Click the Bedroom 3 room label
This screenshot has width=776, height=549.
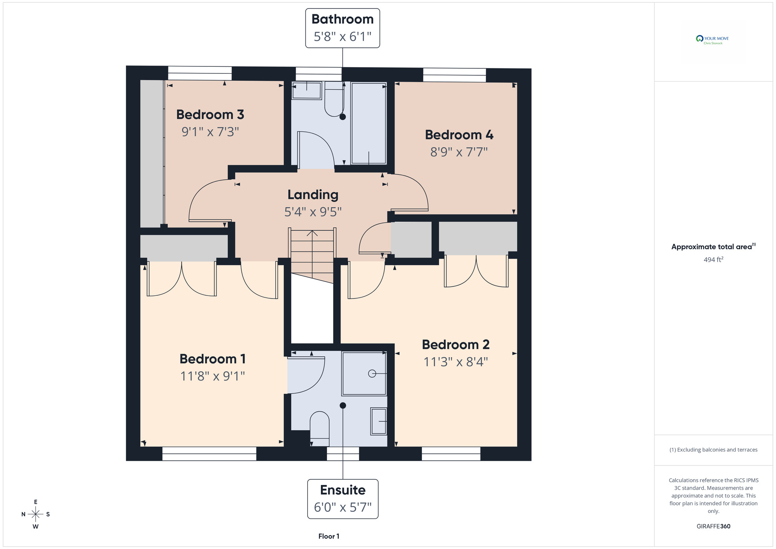tap(210, 115)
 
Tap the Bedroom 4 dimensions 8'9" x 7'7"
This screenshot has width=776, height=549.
tap(459, 152)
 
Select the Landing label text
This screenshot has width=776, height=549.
tap(313, 195)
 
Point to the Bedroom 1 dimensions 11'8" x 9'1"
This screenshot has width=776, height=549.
tap(213, 376)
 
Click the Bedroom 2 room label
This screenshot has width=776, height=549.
tap(456, 344)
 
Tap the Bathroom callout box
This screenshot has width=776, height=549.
tap(343, 28)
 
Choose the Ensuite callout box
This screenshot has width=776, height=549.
tap(343, 499)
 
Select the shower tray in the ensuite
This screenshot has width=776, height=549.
tap(364, 374)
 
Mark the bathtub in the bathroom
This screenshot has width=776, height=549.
tap(369, 123)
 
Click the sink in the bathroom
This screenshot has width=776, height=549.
tap(307, 90)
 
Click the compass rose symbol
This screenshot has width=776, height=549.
tap(35, 514)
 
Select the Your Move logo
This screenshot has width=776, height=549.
tap(713, 40)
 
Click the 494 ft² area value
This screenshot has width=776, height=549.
tap(714, 259)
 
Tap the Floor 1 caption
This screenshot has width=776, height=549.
tap(329, 536)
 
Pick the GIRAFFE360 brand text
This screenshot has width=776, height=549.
tap(714, 526)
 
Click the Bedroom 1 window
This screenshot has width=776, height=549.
tap(209, 453)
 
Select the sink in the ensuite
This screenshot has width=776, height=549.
tap(379, 421)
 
